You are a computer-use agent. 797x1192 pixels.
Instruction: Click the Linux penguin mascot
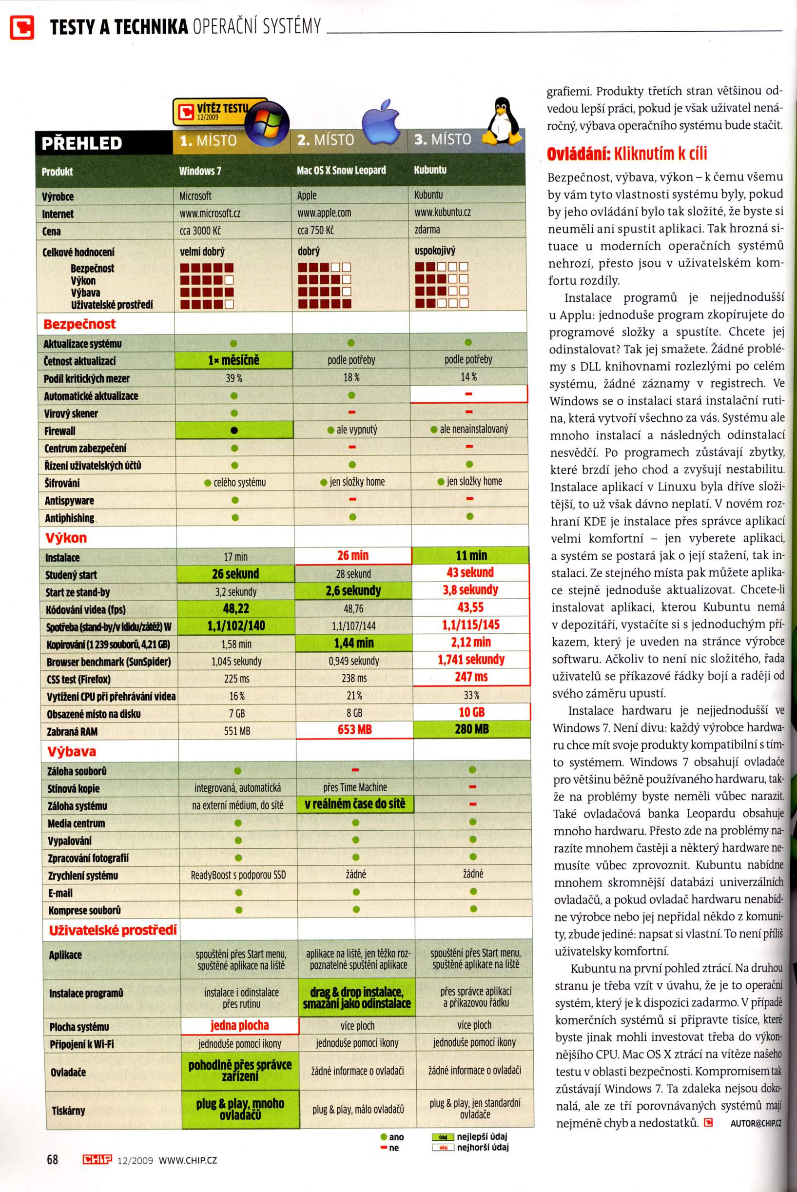click(502, 122)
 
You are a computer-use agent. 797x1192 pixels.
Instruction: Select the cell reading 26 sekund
click(235, 574)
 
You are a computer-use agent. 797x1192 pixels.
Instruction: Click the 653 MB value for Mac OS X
click(354, 729)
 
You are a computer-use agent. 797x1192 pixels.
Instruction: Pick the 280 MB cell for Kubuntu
click(471, 729)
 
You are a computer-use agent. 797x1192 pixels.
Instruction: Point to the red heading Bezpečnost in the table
click(79, 324)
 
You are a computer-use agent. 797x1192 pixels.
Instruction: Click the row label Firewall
click(59, 431)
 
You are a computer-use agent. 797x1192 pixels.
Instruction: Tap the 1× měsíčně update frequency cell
click(233, 360)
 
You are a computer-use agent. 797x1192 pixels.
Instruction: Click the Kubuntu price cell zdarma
click(427, 230)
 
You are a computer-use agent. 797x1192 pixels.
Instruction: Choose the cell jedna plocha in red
click(239, 1025)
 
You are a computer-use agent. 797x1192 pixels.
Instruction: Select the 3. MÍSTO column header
click(442, 139)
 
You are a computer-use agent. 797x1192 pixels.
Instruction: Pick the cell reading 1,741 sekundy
click(471, 660)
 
